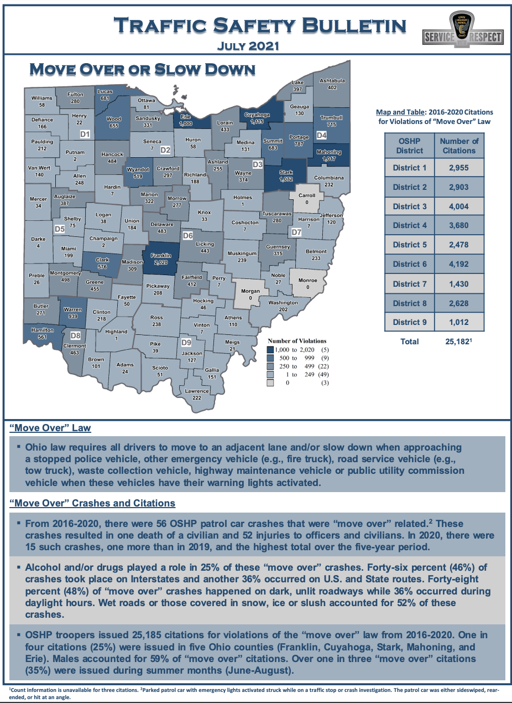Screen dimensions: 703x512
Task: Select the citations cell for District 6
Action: [459, 264]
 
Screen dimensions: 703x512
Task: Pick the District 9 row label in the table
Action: [410, 322]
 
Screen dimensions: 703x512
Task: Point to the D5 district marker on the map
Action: [60, 228]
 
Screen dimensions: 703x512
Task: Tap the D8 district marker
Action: [76, 335]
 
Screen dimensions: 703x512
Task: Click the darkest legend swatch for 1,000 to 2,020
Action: [271, 350]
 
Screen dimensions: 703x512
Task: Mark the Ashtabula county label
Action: [332, 81]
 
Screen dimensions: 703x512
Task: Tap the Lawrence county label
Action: [197, 391]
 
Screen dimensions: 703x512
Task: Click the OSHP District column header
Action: [410, 146]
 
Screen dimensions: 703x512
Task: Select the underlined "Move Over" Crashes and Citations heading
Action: [92, 503]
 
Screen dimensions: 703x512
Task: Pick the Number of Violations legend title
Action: [297, 341]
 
